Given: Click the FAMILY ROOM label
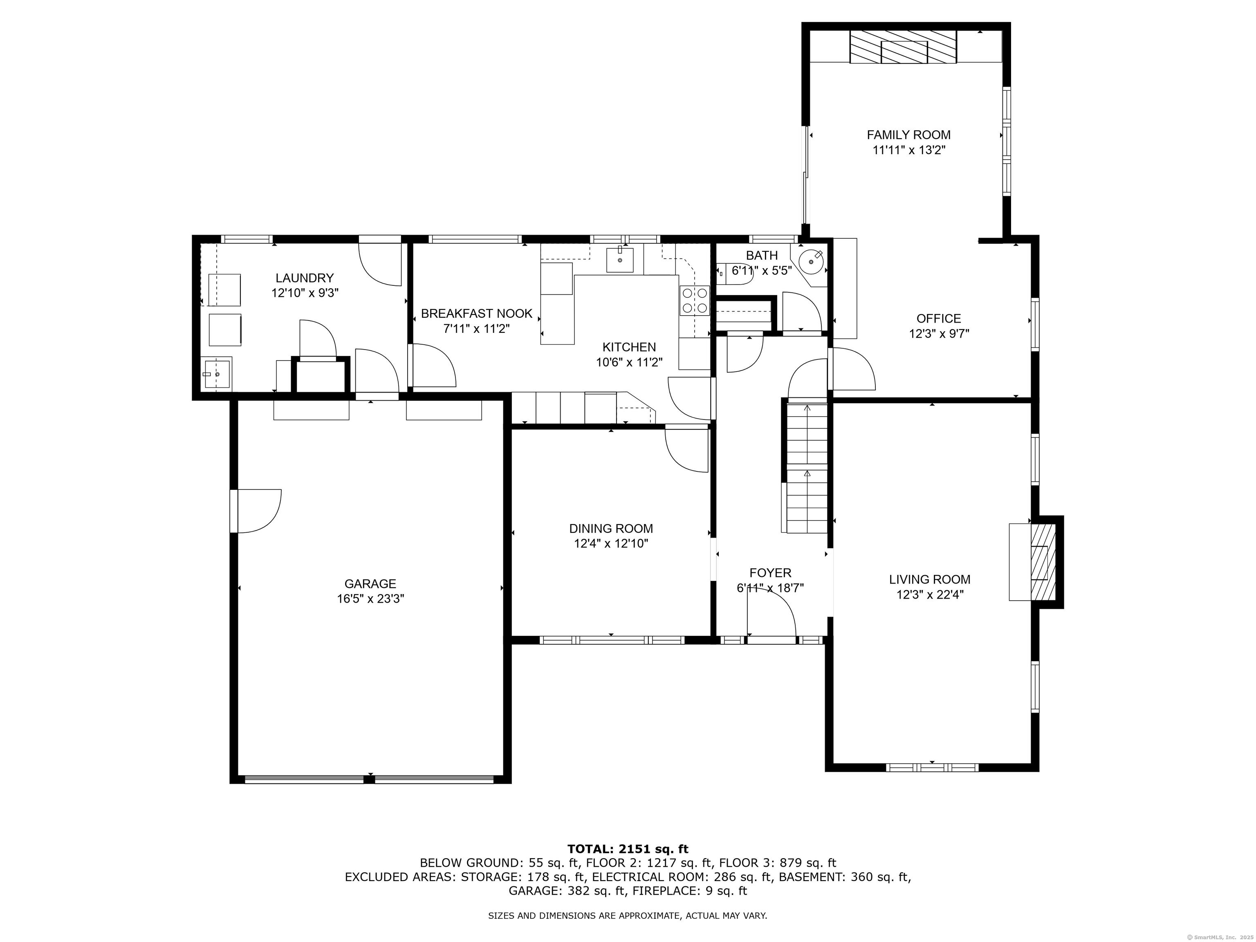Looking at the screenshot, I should click(908, 135).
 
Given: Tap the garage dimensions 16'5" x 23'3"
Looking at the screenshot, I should click(370, 599).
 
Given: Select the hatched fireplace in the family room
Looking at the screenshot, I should click(903, 47).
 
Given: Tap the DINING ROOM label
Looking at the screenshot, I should click(611, 529).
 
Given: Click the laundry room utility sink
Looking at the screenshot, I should click(216, 374).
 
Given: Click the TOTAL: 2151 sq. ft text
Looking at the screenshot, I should click(628, 849).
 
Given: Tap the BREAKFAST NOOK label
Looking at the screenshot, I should click(476, 314).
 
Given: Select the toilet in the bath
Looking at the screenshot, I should click(735, 273).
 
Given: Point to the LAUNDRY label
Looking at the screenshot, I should click(304, 278).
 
